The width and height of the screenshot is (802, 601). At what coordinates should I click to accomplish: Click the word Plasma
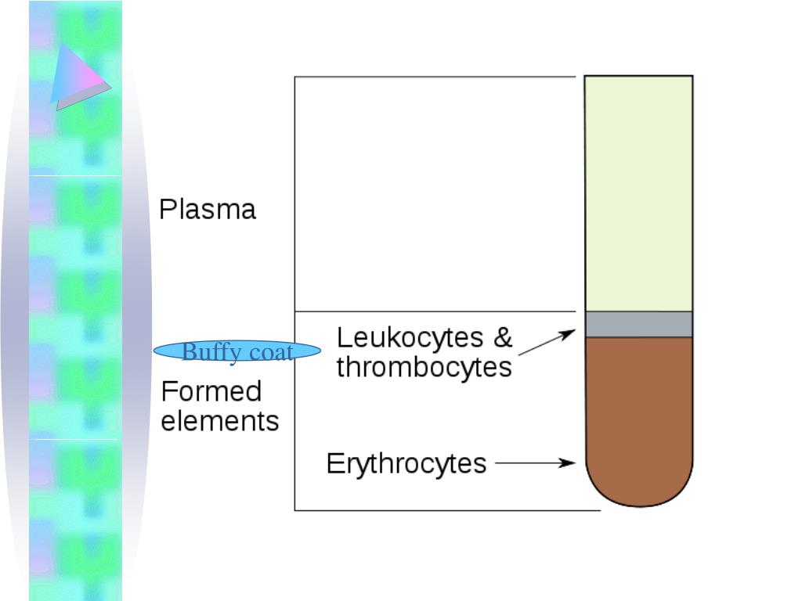tap(208, 210)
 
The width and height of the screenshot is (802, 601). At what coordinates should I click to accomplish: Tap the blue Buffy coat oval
tap(237, 351)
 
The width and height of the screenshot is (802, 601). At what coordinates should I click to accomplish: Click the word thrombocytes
tap(424, 367)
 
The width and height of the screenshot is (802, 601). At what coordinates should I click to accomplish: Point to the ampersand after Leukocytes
tap(502, 338)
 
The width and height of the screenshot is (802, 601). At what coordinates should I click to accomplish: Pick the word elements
tap(220, 421)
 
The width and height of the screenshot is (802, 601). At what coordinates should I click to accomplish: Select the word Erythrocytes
tap(406, 463)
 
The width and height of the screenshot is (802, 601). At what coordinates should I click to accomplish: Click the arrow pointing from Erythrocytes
tap(536, 462)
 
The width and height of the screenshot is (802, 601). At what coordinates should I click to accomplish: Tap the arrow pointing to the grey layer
tap(547, 343)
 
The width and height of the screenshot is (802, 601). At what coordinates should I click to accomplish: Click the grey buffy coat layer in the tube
tap(639, 324)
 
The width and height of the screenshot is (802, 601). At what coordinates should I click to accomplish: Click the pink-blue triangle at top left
tap(80, 76)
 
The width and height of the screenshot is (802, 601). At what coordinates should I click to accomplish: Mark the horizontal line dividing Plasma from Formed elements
tap(435, 311)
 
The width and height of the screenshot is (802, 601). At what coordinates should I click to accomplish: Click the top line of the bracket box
tap(435, 77)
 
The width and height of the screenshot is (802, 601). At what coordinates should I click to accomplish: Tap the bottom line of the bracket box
tap(446, 510)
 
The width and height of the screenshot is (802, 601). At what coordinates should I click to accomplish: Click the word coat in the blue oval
tap(268, 352)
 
